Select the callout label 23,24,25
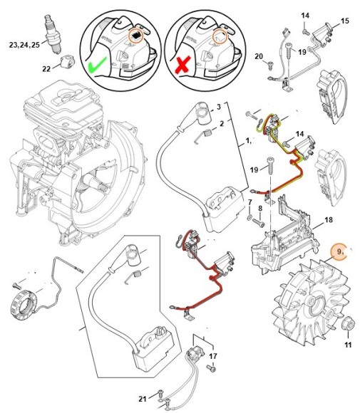point(24,43)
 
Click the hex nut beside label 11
point(349,327)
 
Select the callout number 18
point(329,221)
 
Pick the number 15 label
point(344,21)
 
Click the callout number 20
point(259,56)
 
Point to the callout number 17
point(212,356)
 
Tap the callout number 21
point(143,397)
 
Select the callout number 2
point(222,123)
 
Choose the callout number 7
point(250,203)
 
